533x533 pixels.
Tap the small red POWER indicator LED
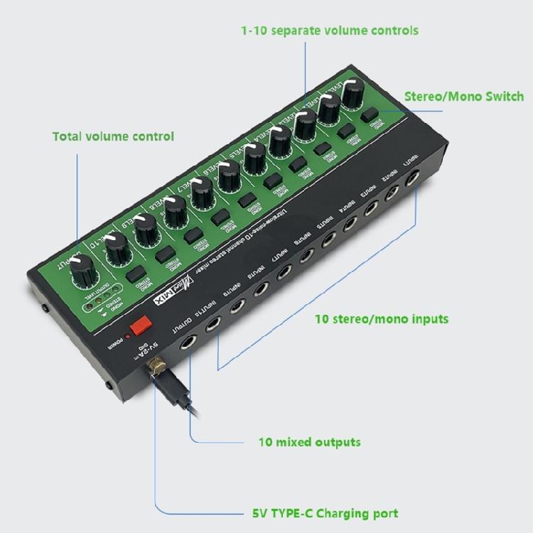pyautogui.click(x=128, y=334)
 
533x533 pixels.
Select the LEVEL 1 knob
pyautogui.click(x=352, y=92)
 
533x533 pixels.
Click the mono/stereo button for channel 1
pyautogui.click(x=368, y=116)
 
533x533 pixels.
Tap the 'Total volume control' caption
pyautogui.click(x=113, y=136)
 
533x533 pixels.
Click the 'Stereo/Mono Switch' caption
pyautogui.click(x=464, y=97)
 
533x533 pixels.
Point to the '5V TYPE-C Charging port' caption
pyautogui.click(x=325, y=513)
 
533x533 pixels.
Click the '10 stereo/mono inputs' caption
pyautogui.click(x=381, y=318)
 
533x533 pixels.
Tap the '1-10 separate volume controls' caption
pyautogui.click(x=329, y=31)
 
